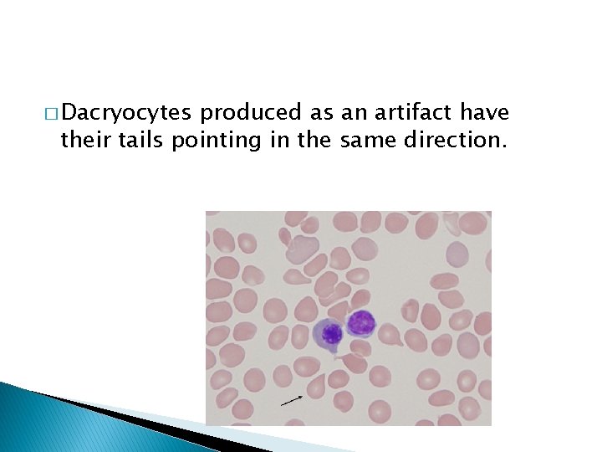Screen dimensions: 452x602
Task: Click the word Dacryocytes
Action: [x=127, y=113]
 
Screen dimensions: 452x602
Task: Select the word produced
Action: [x=241, y=113]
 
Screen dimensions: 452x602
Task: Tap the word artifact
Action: [x=411, y=113]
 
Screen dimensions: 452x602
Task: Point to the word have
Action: [x=485, y=113]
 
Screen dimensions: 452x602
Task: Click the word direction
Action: [x=455, y=140]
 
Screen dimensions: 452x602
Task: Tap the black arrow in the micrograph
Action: [x=292, y=400]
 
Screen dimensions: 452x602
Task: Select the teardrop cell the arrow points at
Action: [x=317, y=385]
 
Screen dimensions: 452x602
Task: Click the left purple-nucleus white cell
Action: [x=329, y=334]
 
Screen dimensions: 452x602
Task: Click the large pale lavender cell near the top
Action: [x=303, y=248]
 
